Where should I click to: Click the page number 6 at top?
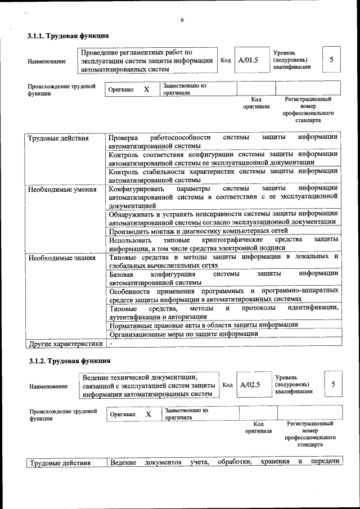182,20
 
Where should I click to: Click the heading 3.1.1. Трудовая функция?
68,36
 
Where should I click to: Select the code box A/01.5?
247,60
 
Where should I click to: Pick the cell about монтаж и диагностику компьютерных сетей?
198,231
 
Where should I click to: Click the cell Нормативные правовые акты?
203,325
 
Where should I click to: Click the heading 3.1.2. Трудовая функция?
69,361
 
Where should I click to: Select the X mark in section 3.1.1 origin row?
146,89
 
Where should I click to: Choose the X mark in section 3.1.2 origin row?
148,414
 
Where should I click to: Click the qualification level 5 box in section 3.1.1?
331,60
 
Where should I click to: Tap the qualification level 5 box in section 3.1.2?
334,384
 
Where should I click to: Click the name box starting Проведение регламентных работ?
147,61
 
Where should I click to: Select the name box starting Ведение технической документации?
148,385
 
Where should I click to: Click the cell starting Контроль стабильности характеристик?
223,175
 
